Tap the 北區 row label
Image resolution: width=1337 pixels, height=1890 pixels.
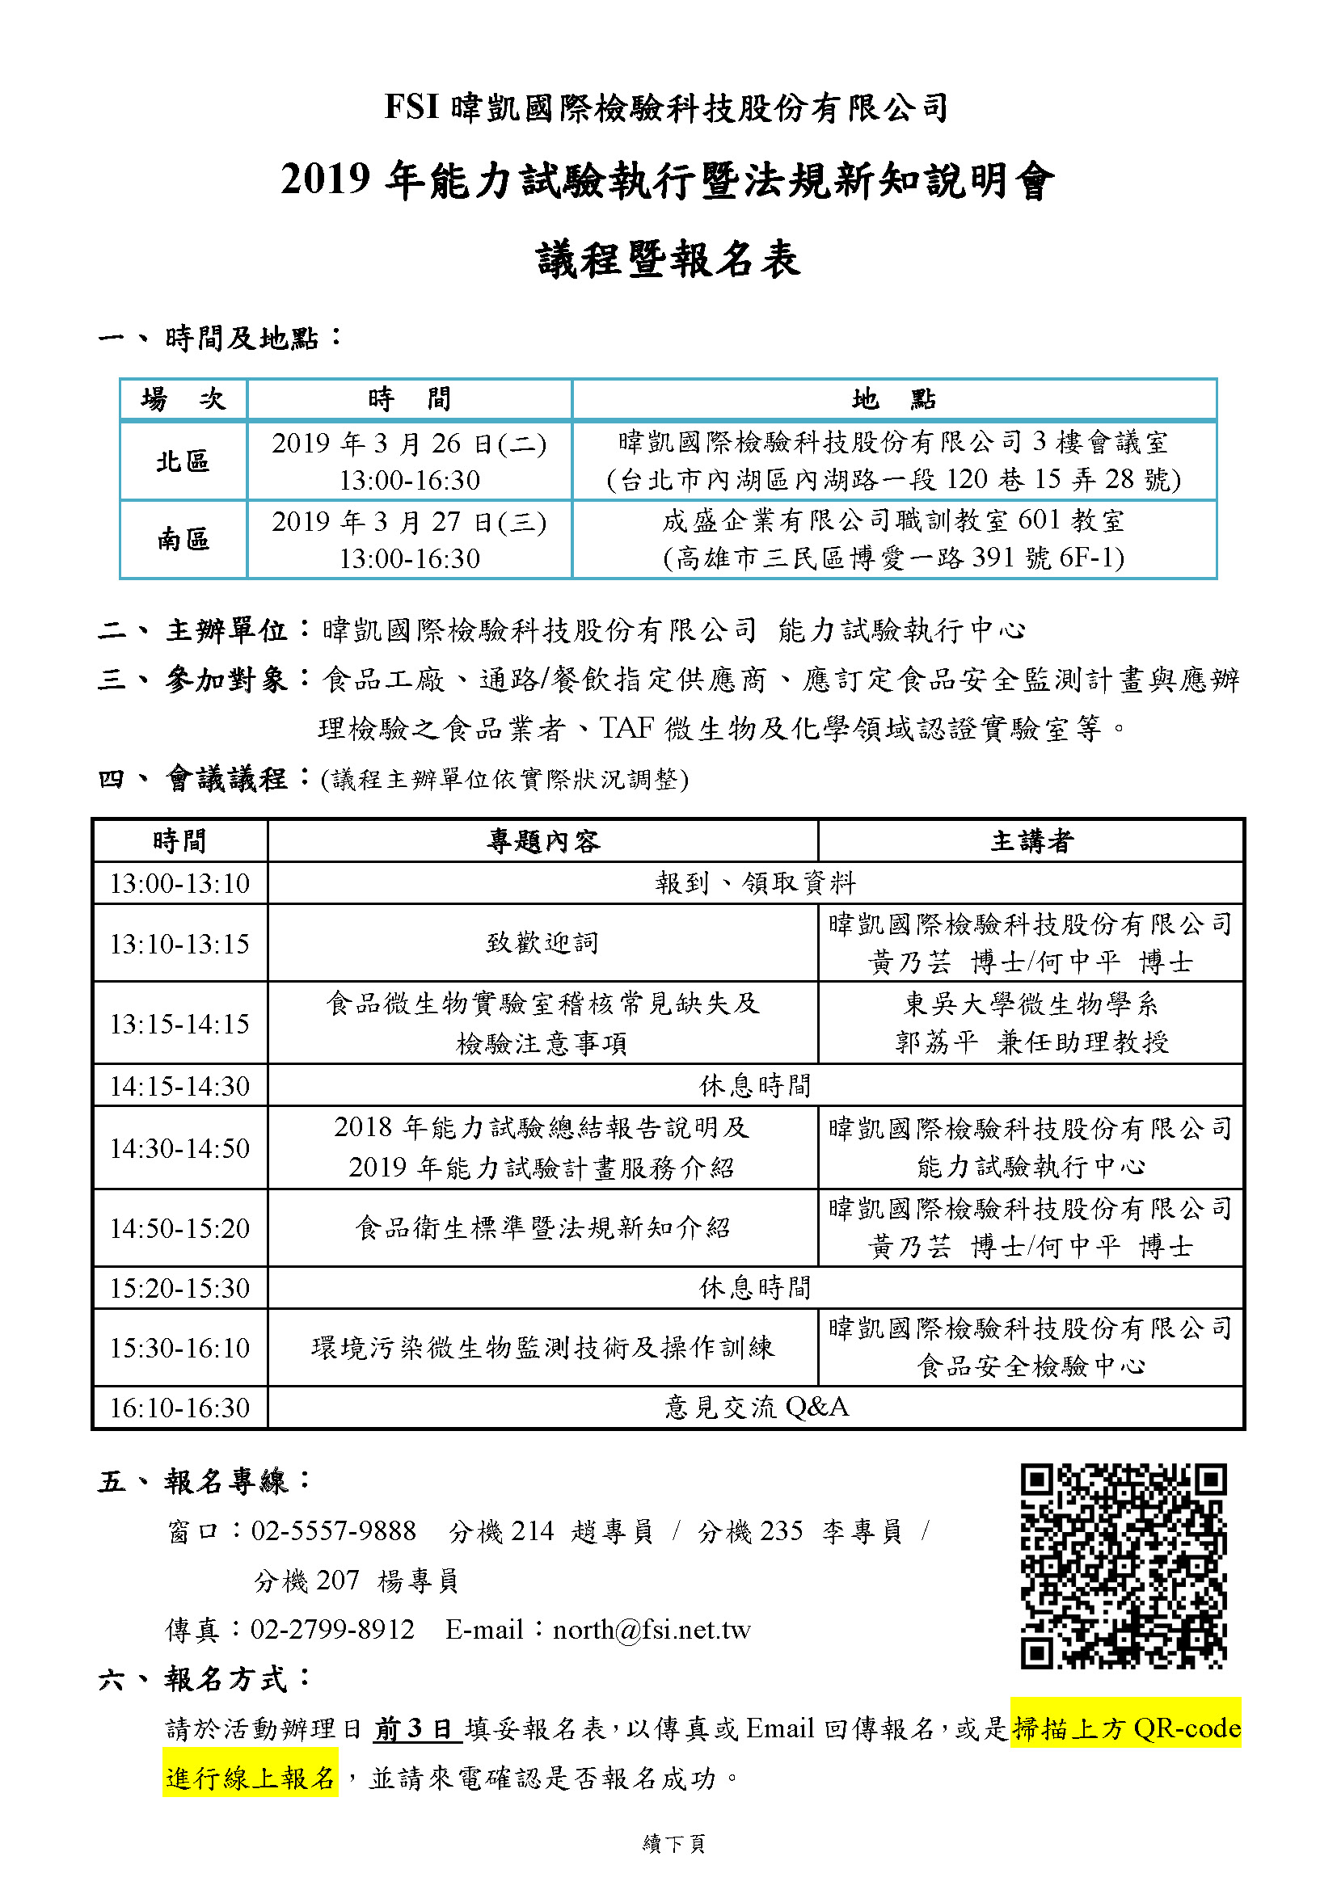pos(183,461)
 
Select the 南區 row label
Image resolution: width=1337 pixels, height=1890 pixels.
pos(183,540)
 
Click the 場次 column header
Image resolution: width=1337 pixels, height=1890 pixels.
pos(183,399)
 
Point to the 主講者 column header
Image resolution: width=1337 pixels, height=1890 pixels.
pos(1031,840)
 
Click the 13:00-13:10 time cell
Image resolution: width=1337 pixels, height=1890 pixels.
pos(179,883)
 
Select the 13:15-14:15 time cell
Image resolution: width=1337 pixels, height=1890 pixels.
pos(179,1023)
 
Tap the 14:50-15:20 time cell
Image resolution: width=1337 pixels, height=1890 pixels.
pos(179,1228)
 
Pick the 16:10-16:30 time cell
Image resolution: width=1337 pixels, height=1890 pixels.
pos(179,1408)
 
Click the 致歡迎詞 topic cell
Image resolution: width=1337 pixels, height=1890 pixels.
pos(542,942)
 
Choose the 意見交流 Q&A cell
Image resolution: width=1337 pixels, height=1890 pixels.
pos(756,1407)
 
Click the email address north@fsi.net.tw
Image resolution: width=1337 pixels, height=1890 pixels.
pos(652,1630)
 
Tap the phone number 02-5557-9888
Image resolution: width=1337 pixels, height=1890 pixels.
pos(333,1531)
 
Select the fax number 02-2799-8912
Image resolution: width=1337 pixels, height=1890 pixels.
pos(332,1630)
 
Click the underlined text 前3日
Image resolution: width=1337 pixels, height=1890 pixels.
pos(416,1728)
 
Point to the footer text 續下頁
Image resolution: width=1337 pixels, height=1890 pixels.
pos(673,1844)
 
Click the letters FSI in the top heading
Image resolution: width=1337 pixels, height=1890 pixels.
pos(411,107)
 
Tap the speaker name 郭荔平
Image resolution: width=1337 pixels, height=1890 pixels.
pos(936,1043)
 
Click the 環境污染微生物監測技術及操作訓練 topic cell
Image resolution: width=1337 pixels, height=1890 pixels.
pos(542,1348)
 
